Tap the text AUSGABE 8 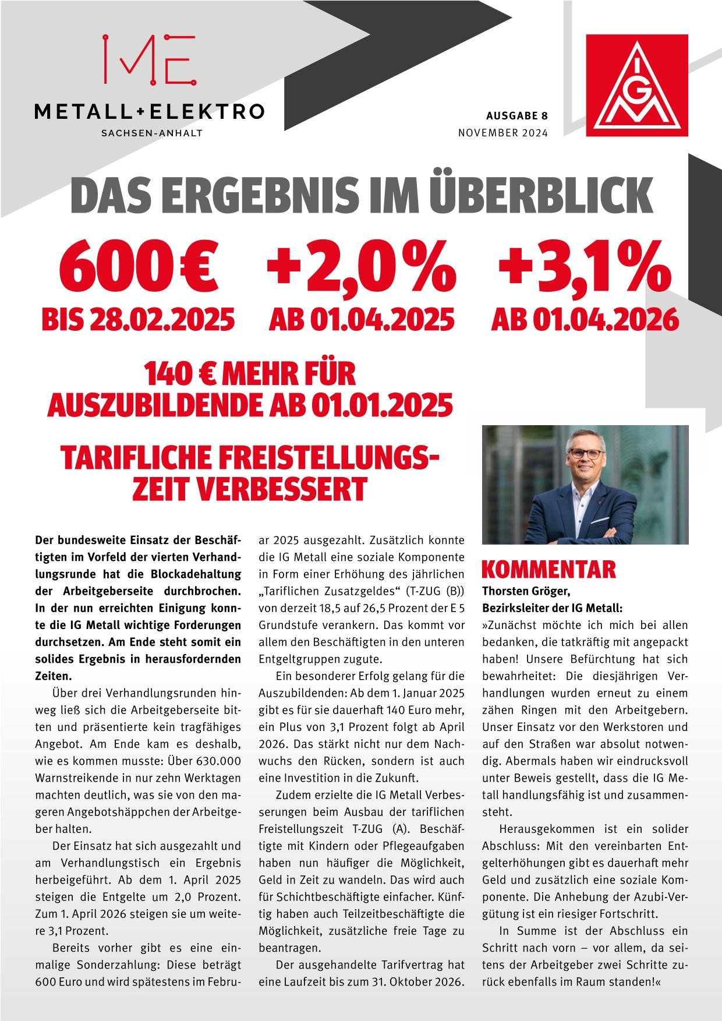click(517, 115)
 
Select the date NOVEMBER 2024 click(503, 133)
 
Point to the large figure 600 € click(138, 267)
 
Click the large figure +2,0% click(360, 267)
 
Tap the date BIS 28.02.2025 click(138, 319)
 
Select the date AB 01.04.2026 click(585, 319)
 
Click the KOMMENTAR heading click(548, 569)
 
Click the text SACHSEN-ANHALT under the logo click(151, 133)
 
